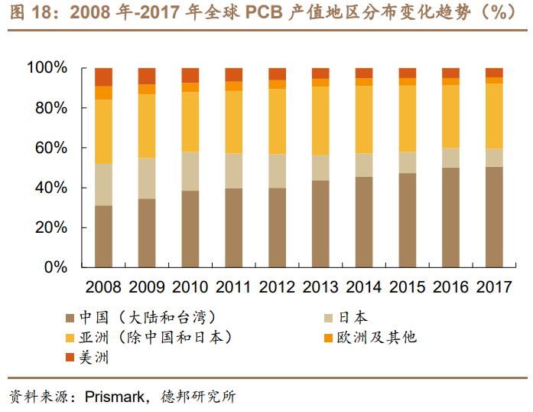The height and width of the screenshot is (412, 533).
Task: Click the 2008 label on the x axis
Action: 103,288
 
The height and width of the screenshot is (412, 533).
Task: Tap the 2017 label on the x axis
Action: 494,288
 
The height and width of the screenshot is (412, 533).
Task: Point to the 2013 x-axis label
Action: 320,288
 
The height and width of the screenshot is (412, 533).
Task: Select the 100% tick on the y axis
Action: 47,68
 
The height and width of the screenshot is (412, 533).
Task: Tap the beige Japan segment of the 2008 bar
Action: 103,185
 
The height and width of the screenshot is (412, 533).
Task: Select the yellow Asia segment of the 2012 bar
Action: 277,122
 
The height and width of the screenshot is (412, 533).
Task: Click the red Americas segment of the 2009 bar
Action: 147,75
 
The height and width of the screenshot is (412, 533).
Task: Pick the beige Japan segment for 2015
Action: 408,162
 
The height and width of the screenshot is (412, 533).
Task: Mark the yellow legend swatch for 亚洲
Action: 70,338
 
